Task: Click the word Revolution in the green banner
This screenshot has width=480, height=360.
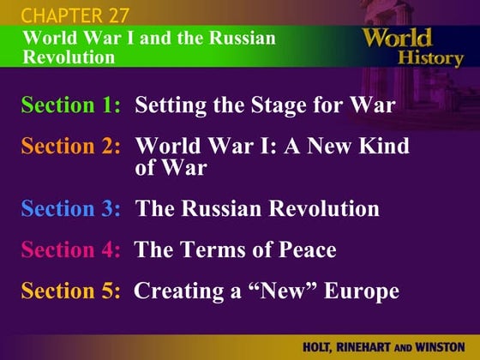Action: coord(69,57)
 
